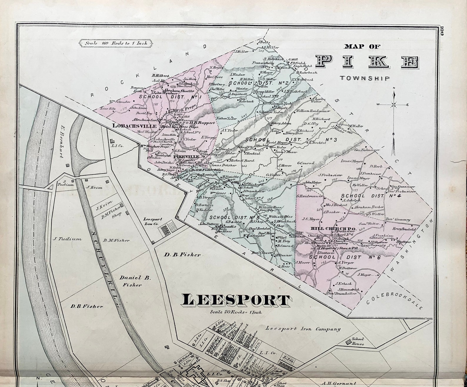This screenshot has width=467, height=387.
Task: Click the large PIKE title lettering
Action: pyautogui.click(x=367, y=62)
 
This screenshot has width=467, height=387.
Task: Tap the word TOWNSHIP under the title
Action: pyautogui.click(x=365, y=78)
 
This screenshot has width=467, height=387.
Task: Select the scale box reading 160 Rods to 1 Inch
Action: pyautogui.click(x=116, y=43)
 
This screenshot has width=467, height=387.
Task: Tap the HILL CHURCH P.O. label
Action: pyautogui.click(x=334, y=229)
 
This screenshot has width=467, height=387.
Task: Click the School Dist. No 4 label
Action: pyautogui.click(x=370, y=196)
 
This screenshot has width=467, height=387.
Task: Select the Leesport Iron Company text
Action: pyautogui.click(x=303, y=329)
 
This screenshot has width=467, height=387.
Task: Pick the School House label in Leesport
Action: pyautogui.click(x=358, y=341)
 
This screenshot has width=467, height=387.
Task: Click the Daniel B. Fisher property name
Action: pyautogui.click(x=135, y=281)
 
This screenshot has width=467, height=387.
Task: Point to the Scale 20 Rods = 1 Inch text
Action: pyautogui.click(x=236, y=312)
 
